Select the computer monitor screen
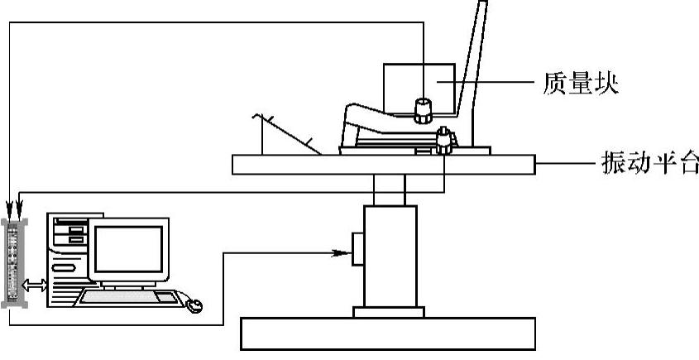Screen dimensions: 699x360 click(x=127, y=247)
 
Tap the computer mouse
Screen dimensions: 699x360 click(x=195, y=306)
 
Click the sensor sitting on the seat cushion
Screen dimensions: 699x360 click(x=424, y=108)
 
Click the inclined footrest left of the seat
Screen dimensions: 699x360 click(x=285, y=132)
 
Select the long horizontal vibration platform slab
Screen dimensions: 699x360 click(x=384, y=164)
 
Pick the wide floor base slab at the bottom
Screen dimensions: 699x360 click(x=389, y=333)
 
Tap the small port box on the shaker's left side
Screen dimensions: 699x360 click(x=357, y=249)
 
